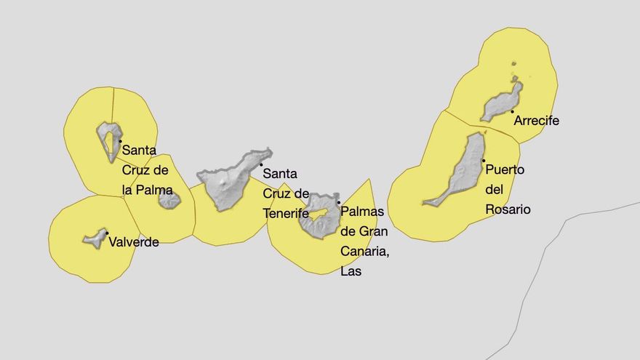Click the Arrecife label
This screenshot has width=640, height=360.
coord(536,121)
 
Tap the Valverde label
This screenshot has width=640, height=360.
coord(133,242)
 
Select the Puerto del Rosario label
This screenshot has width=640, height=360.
coord(508,189)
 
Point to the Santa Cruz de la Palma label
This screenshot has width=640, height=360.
coord(147,169)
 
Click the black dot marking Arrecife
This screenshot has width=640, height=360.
coord(512,111)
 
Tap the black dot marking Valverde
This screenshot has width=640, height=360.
coord(106,233)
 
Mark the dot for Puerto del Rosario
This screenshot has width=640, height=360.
coord(483,160)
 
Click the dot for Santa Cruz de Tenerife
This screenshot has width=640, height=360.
coord(261,165)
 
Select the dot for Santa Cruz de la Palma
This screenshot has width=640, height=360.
coord(120,141)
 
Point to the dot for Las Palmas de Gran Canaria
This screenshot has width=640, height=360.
coord(338,203)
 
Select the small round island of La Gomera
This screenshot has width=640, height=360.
coord(169,199)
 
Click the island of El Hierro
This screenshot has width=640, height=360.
coord(95,238)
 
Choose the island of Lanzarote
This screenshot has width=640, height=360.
coord(502,103)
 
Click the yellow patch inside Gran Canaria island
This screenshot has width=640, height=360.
coord(316,215)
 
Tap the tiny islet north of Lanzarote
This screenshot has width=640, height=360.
coord(514,65)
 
